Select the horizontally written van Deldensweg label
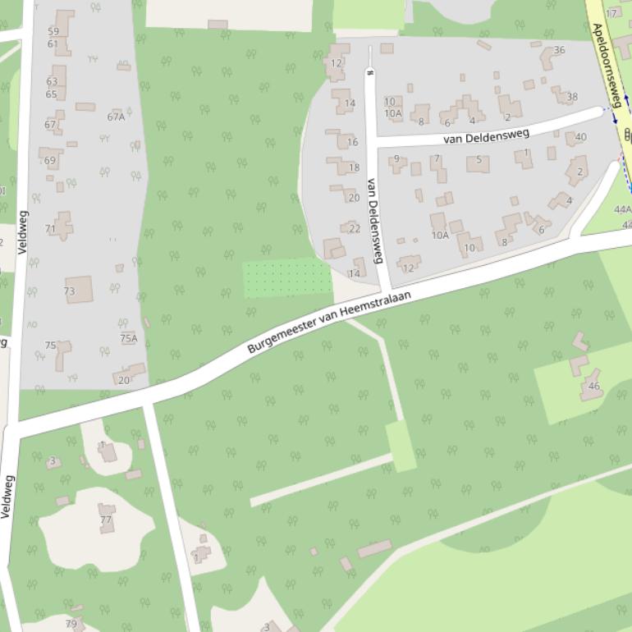[x=480, y=135]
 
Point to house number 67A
[x=116, y=117]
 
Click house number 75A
[x=129, y=338]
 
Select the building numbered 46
[x=593, y=386]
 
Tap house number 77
[x=106, y=520]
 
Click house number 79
[x=71, y=624]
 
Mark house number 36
[x=559, y=50]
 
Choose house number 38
[x=572, y=97]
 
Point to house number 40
[x=581, y=137]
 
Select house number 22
[x=355, y=229]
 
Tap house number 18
[x=354, y=167]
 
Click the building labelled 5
[x=479, y=160]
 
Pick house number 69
[x=50, y=161]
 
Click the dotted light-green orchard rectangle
[x=286, y=278]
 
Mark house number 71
[x=51, y=229]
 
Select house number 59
[x=53, y=31]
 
